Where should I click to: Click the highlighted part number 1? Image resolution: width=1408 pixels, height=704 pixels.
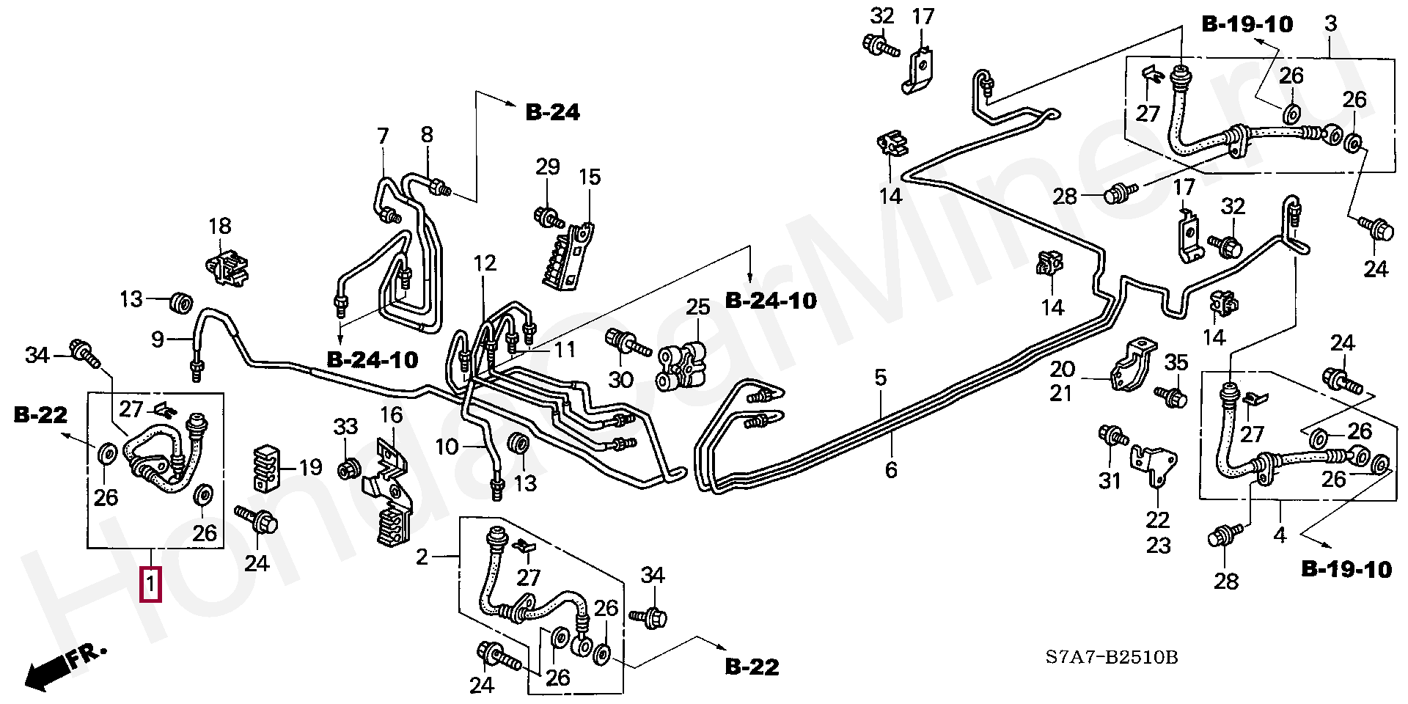click(150, 584)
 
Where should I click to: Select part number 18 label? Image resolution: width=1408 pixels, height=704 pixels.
click(220, 226)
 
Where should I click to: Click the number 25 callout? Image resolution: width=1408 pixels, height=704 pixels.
click(697, 307)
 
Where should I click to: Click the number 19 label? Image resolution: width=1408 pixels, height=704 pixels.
click(311, 467)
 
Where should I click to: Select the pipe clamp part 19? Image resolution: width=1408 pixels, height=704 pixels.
click(268, 468)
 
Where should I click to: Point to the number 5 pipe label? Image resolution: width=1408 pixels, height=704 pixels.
click(881, 378)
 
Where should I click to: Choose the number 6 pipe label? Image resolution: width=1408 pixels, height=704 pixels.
click(891, 469)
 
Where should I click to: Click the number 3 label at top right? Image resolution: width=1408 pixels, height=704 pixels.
click(1330, 23)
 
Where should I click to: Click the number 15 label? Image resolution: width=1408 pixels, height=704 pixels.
click(590, 177)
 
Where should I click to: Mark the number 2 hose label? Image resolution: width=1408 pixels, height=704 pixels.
click(422, 557)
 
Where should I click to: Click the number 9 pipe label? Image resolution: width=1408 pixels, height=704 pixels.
click(158, 340)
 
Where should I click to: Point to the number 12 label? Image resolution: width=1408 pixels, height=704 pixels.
click(485, 263)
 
